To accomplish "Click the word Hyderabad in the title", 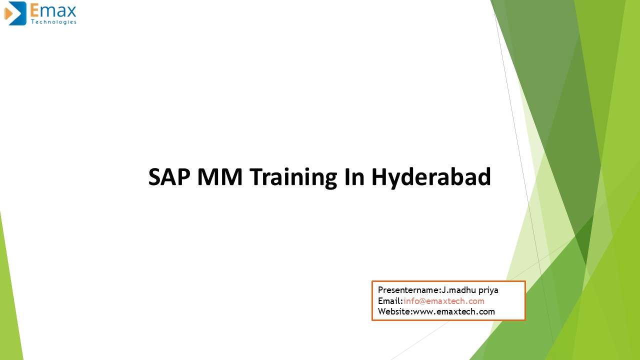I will (431, 178).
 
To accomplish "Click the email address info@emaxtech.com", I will (444, 301).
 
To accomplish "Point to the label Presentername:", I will (409, 290).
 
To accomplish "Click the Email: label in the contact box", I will (390, 301).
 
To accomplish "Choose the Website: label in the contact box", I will (395, 311).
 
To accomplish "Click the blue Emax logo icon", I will (15, 13).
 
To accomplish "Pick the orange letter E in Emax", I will (35, 10).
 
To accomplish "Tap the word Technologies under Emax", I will (53, 22).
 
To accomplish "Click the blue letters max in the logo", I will (59, 10).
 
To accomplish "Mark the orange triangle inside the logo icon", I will (8, 14).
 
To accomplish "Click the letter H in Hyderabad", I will (378, 177).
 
